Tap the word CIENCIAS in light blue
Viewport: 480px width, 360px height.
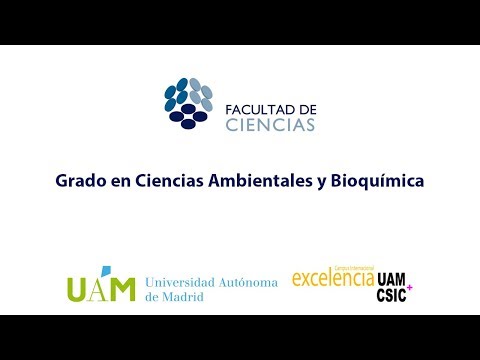[270, 125]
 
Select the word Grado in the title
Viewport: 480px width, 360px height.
[77, 182]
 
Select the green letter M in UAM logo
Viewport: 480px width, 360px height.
[120, 288]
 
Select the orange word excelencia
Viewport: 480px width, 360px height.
[332, 279]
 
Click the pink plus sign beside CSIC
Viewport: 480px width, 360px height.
[409, 289]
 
